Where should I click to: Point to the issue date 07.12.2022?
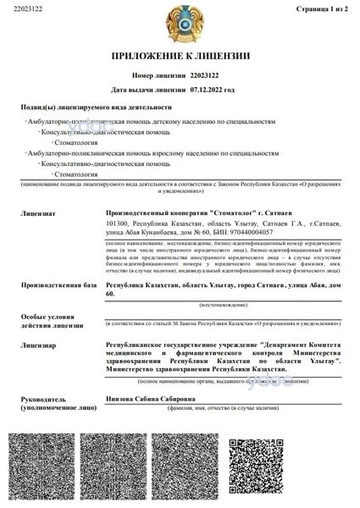(x=207, y=88)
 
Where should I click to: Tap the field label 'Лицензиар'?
(x=38, y=345)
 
